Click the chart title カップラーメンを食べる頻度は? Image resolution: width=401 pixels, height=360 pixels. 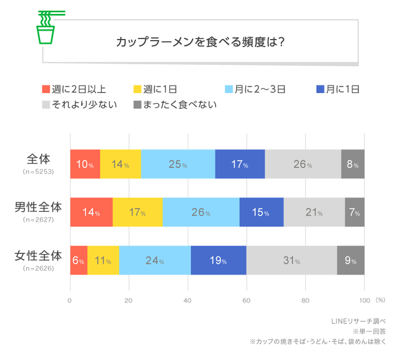point(200,42)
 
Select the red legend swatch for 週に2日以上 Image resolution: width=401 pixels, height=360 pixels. point(46,89)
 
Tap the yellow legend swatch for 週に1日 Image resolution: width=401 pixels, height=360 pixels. point(136,89)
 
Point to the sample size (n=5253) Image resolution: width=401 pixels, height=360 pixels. point(38,172)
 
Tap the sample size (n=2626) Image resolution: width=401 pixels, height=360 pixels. point(38,268)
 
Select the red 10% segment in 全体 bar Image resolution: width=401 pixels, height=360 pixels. point(85,164)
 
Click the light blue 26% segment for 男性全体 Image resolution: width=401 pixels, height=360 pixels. point(200,212)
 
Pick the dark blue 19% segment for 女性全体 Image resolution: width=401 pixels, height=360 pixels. point(218,260)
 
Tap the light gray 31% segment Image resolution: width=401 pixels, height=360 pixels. point(291,260)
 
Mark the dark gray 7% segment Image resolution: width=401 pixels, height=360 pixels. point(354,212)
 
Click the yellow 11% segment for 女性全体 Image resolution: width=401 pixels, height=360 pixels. point(103,260)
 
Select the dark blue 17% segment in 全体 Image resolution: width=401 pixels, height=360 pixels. point(239,164)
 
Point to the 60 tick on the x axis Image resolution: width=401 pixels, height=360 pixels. point(246,300)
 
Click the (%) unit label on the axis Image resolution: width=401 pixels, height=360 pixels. point(380,300)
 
